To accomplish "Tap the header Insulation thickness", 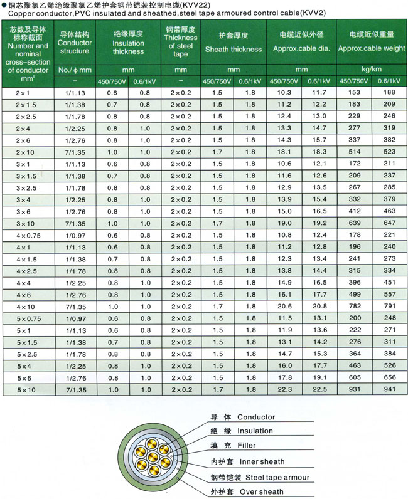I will click(x=128, y=43).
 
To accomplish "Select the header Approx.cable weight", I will click(x=371, y=47).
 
